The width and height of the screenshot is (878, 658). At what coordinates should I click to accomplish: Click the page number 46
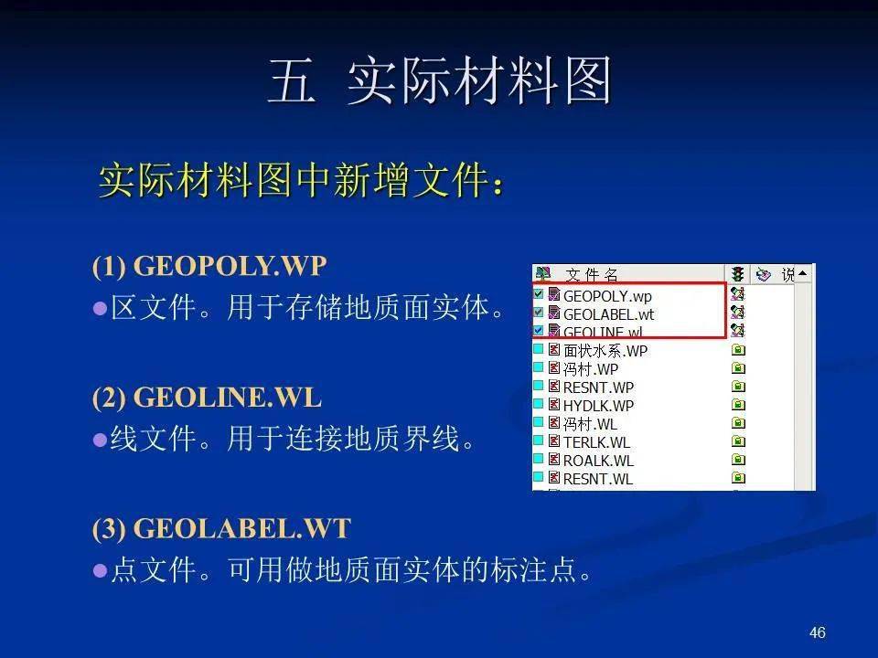click(x=817, y=632)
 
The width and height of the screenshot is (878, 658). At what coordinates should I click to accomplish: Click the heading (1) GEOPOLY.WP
click(x=209, y=266)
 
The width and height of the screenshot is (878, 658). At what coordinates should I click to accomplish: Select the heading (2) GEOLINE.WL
click(x=208, y=398)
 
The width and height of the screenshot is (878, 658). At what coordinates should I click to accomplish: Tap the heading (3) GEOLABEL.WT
click(x=221, y=529)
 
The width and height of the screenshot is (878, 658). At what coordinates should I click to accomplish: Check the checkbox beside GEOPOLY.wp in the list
click(x=538, y=293)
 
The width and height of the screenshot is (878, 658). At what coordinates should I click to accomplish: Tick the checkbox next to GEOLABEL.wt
click(x=538, y=313)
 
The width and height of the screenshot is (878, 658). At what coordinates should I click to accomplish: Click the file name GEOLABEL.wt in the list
click(x=608, y=314)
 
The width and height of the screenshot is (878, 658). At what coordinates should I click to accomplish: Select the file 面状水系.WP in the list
click(x=605, y=351)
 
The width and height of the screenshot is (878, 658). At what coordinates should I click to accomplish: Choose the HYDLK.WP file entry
click(x=598, y=406)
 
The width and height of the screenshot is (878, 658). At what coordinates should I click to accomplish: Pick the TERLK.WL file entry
click(x=596, y=442)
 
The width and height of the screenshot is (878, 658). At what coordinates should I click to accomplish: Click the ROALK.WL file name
click(x=598, y=461)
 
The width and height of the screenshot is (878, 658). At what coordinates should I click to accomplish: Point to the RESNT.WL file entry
click(x=598, y=480)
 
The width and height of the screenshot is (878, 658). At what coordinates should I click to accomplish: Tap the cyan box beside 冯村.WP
click(x=538, y=367)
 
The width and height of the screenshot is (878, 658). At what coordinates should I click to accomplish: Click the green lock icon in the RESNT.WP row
click(x=739, y=387)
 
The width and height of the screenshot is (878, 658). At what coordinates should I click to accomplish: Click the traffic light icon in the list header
click(x=737, y=274)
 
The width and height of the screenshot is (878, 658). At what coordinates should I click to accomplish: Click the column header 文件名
click(x=592, y=275)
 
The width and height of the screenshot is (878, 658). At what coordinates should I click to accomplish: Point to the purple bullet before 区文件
click(x=101, y=308)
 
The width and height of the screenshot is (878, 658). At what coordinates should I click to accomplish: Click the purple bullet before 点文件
click(x=101, y=570)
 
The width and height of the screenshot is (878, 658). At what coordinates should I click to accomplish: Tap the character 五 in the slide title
click(x=292, y=80)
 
